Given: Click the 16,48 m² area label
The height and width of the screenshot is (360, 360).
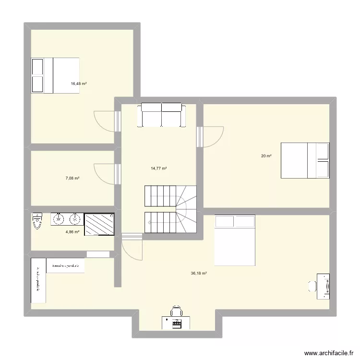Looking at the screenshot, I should point(79,84).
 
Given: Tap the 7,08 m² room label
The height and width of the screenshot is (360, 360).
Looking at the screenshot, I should point(72,178).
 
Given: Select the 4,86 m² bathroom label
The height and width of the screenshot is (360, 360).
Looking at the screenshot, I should point(72,230).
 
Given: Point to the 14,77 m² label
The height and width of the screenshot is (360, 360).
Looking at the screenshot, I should point(159,168).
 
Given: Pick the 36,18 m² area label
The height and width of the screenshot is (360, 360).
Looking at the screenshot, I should point(199,273).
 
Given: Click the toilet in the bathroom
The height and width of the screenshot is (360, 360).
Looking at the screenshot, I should point(37,221).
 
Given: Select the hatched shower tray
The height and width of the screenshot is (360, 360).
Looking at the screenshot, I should point(99,225).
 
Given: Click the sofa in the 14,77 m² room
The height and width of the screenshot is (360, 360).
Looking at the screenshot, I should point(161,115).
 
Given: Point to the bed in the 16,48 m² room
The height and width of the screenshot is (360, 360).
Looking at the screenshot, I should point(55,75).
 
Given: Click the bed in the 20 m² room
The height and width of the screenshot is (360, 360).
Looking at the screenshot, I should point(305,160).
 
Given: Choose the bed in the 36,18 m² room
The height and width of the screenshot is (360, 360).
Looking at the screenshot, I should point(235,240).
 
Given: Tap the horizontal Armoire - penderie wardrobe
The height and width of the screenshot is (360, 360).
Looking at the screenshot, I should point(66,265).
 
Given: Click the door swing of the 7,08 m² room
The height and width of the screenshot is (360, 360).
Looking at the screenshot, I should point(104,174).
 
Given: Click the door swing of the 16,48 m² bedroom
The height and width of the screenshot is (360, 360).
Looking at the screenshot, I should point(104,120).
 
